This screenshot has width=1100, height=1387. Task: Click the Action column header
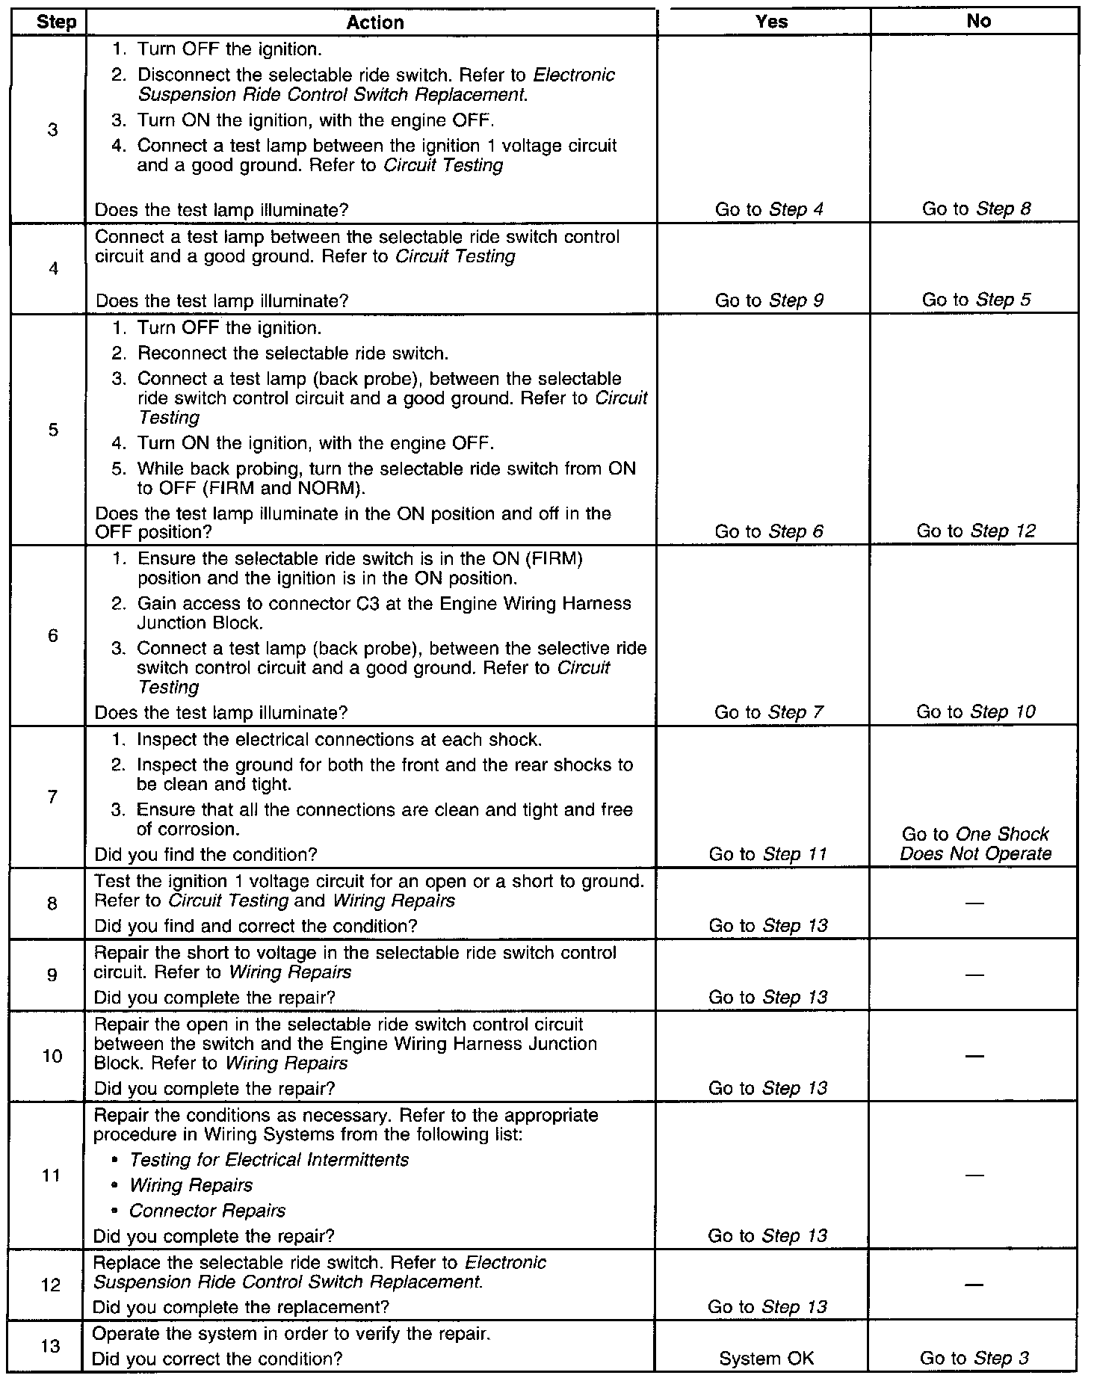click(375, 22)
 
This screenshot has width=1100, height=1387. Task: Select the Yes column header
click(771, 22)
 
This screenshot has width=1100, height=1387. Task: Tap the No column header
click(978, 21)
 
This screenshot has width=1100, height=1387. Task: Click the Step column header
click(56, 22)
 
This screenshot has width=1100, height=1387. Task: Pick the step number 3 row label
click(52, 130)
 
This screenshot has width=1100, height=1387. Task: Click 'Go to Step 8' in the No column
click(976, 209)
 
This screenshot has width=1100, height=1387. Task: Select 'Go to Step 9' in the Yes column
click(769, 300)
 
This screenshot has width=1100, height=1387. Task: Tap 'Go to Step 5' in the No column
click(976, 300)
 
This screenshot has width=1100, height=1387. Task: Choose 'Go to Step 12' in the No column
click(976, 531)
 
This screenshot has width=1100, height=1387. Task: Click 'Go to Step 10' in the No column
click(976, 712)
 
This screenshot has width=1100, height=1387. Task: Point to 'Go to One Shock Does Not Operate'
click(975, 844)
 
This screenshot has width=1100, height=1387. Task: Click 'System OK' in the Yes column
click(767, 1359)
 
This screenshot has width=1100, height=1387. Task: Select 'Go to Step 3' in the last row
click(974, 1359)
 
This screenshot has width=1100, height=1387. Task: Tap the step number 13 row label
click(51, 1347)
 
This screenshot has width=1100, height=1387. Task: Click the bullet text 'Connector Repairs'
click(207, 1211)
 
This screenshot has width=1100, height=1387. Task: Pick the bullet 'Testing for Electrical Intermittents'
click(269, 1160)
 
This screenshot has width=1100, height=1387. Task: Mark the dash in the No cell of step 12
click(974, 1285)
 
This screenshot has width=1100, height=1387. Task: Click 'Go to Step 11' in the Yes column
click(767, 854)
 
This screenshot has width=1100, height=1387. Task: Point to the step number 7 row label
click(52, 797)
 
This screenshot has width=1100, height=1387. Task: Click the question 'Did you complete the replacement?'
click(241, 1307)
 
